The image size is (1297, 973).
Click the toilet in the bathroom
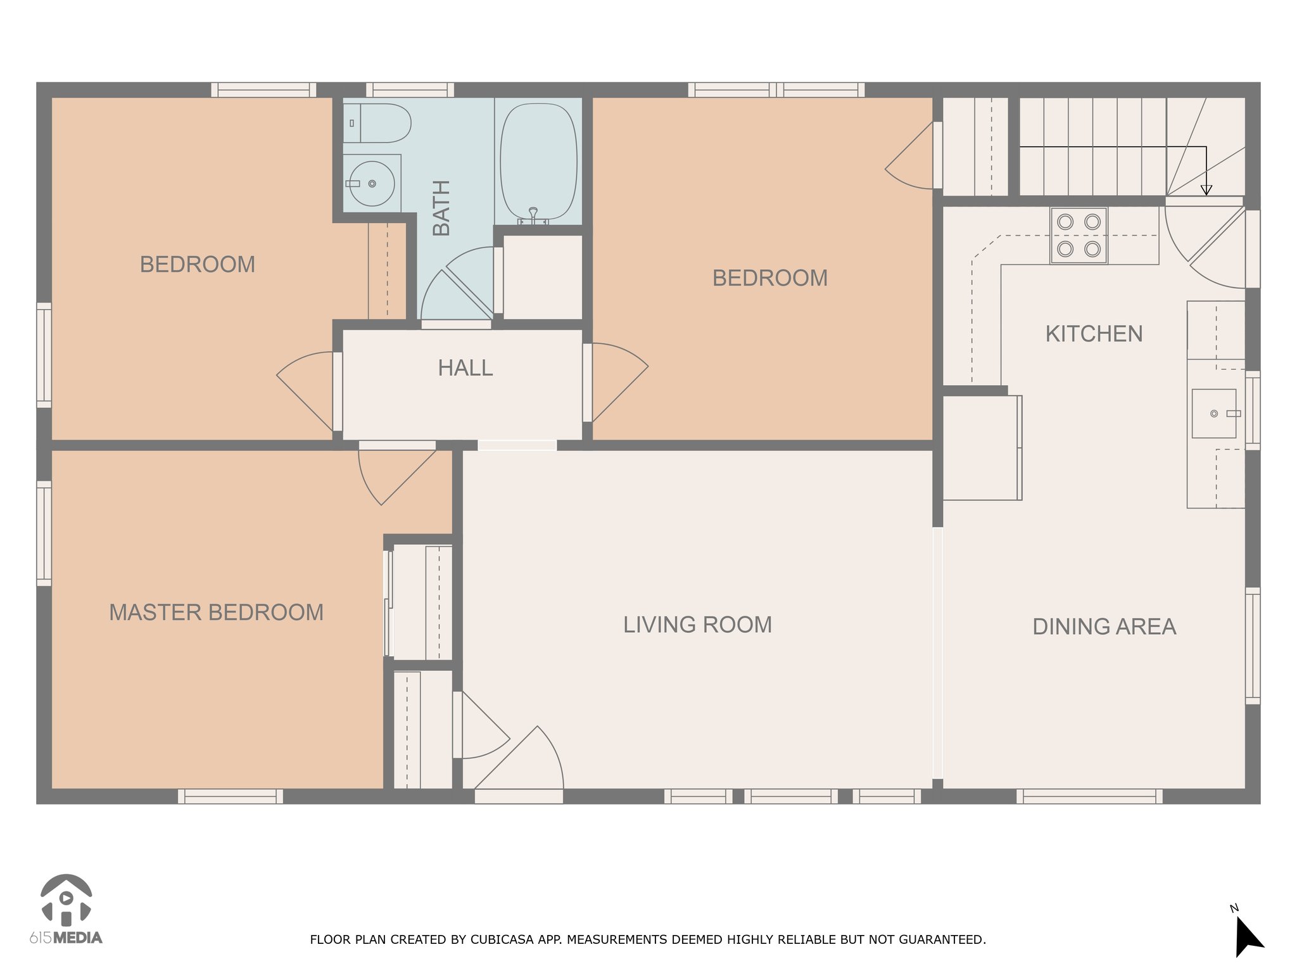377,124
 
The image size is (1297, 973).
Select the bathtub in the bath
538,162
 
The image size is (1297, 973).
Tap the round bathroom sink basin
372,184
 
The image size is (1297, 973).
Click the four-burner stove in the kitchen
1079,236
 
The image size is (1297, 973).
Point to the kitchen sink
1214,414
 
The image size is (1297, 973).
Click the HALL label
465,368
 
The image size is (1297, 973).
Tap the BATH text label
441,208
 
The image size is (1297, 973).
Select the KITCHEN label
1094,334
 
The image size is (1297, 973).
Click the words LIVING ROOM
698,625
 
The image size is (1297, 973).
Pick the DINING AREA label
1104,626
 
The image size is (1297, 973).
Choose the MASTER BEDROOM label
217,613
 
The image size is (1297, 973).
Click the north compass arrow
1248,936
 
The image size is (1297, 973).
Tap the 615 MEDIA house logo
66,900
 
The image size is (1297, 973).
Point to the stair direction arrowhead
1206,190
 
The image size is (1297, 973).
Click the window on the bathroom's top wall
410,90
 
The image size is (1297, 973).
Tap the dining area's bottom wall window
1090,796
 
